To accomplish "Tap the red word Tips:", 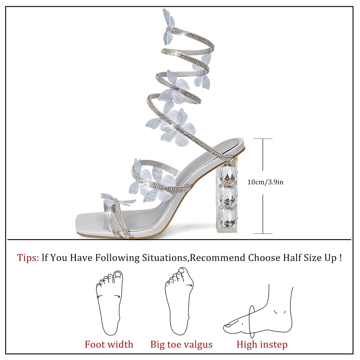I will click(x=28, y=258).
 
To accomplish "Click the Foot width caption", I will click(x=109, y=344).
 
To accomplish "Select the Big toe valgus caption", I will click(x=181, y=344).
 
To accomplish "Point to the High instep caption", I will click(x=262, y=344).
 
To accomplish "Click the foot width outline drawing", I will click(x=109, y=302).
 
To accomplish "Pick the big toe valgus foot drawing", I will click(x=179, y=301).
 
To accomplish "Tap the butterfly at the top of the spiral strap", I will click(x=168, y=27).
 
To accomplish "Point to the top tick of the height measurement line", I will click(x=263, y=139).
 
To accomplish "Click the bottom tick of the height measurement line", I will click(x=263, y=233).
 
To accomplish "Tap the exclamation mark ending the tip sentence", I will click(x=340, y=258).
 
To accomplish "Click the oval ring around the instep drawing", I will click(x=252, y=322).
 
